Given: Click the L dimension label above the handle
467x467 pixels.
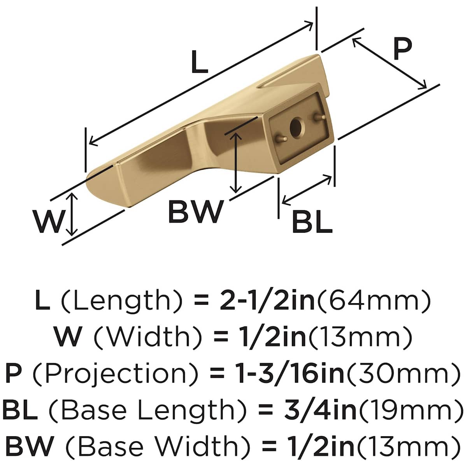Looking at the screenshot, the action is click(200, 62).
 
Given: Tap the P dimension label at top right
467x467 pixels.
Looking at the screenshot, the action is click(403, 49).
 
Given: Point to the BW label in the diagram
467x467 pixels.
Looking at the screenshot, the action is click(196, 211).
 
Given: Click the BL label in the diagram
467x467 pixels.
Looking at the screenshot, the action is click(312, 222).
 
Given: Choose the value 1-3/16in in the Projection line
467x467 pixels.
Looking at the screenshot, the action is click(290, 373).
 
